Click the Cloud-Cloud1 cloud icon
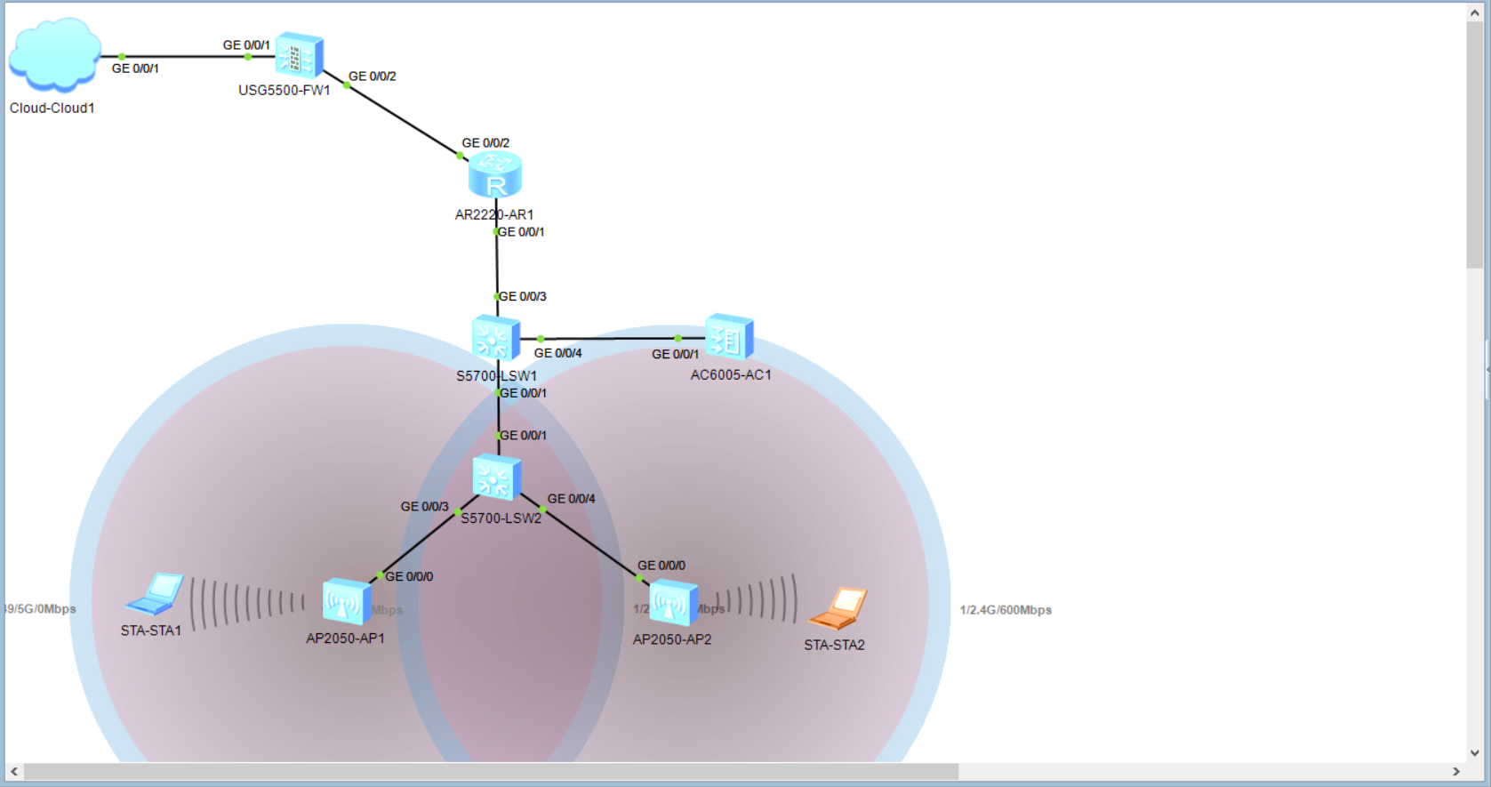54,55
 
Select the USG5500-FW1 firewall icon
299,56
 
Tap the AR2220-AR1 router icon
495,174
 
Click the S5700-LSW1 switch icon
495,339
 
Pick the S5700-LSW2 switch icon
496,478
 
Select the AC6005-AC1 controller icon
729,338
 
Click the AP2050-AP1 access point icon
346,602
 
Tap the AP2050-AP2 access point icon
673,603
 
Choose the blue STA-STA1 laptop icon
156,594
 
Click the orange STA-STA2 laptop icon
838,607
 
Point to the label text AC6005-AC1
731,375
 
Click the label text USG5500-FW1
285,91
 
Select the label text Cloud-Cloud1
52,108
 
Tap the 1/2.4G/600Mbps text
1006,610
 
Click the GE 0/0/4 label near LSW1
557,353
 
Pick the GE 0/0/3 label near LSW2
424,507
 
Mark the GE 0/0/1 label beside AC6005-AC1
675,354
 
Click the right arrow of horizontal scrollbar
1456,771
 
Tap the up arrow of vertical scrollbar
1475,13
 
